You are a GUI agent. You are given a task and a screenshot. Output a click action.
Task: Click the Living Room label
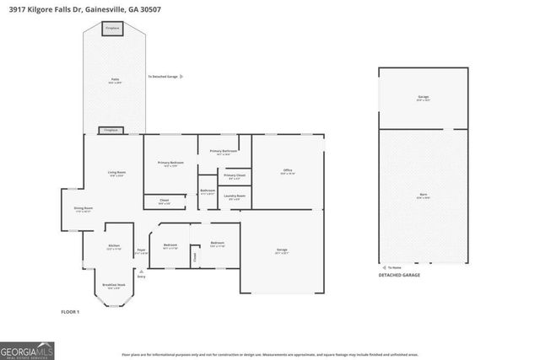point(116,173)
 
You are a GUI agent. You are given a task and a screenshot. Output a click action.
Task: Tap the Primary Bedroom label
point(170,163)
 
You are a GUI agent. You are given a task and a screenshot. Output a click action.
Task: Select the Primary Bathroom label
point(224,151)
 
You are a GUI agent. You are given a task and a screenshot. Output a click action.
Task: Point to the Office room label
point(287,171)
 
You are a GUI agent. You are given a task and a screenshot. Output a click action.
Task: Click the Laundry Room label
point(235,196)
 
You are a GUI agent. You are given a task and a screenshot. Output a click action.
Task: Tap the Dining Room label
point(83,208)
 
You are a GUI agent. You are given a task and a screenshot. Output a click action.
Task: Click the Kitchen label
point(114,247)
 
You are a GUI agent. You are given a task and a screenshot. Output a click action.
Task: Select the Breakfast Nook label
point(114,287)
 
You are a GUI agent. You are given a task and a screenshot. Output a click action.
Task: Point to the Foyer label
point(141,250)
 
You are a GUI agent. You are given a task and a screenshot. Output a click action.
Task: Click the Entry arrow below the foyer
point(141,271)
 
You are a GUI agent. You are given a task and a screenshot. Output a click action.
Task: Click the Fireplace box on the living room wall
point(111,131)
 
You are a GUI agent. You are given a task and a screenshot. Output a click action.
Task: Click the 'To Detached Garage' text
point(163,77)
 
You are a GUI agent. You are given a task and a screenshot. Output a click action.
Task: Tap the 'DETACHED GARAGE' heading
point(398,275)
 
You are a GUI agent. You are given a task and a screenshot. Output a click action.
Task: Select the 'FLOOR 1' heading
point(70,312)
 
